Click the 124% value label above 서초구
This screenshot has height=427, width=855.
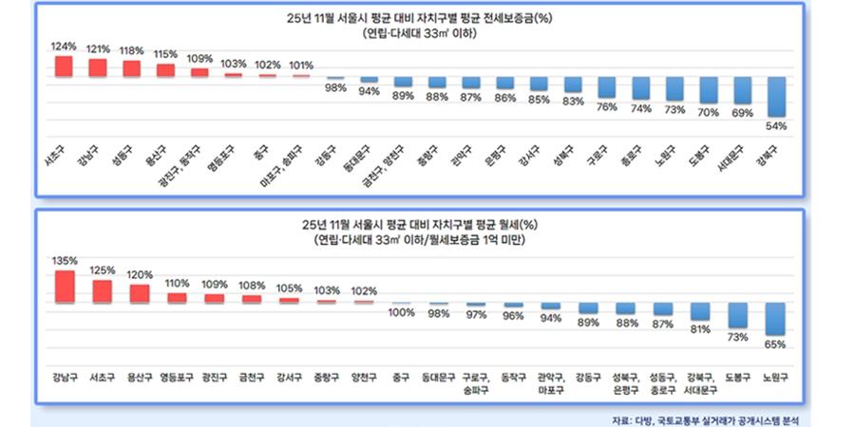coord(64,46)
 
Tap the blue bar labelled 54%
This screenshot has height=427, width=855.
coord(776,97)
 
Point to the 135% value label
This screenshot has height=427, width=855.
coord(65,260)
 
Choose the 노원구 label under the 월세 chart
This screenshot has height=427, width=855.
coord(776,377)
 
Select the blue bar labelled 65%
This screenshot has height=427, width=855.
coord(776,319)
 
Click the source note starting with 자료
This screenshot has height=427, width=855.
coord(713,418)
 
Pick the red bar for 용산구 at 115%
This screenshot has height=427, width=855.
coord(166,70)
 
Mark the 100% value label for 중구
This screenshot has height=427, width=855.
coord(402,313)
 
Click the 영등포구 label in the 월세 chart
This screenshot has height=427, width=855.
coord(176,377)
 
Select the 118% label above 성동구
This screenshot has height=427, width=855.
coord(132,51)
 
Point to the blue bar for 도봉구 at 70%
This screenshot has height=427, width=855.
coord(708,91)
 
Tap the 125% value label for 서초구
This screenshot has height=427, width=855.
coord(102,269)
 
